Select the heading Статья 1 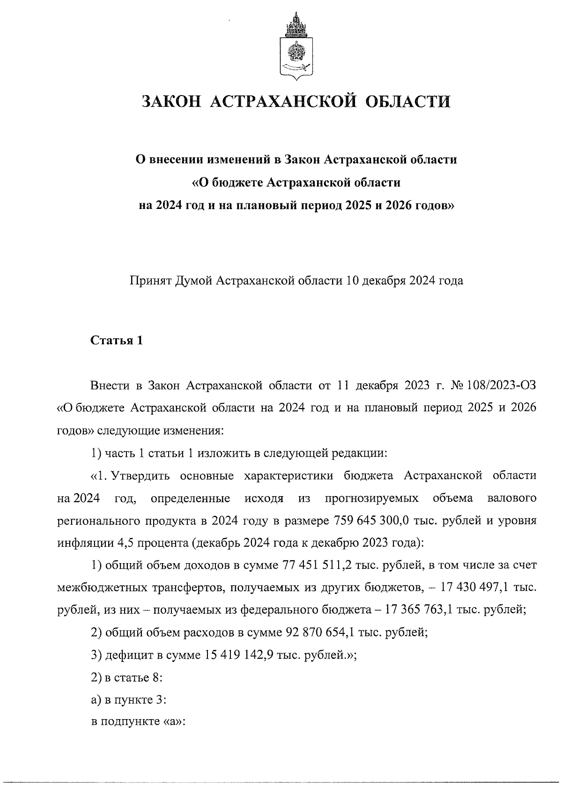click(x=116, y=341)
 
